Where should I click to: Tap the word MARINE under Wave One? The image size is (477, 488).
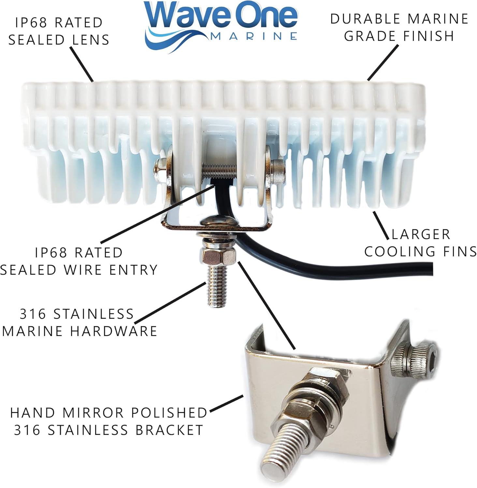[x=254, y=36]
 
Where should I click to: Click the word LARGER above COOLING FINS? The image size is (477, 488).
[x=421, y=234]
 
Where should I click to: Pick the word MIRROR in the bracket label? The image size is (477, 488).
[x=93, y=413]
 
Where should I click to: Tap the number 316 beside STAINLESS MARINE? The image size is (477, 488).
[x=33, y=314]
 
